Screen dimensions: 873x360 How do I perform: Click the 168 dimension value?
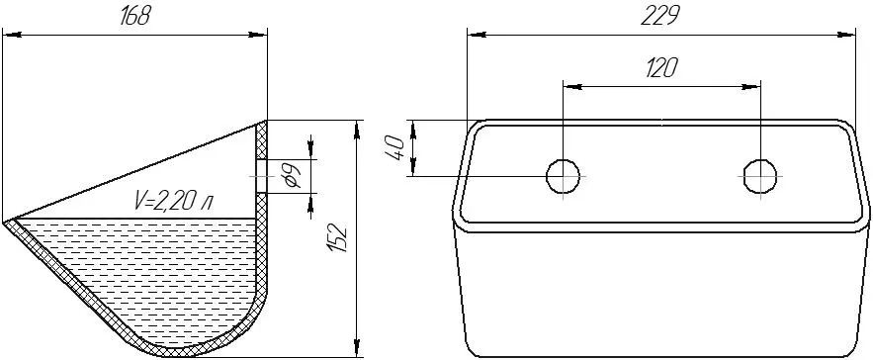tap(135, 17)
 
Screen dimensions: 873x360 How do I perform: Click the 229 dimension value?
tap(660, 17)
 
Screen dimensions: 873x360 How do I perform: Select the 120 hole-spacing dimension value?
tap(661, 68)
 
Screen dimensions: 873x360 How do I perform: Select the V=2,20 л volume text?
tap(173, 201)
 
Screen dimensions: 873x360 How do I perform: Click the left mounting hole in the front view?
tap(563, 176)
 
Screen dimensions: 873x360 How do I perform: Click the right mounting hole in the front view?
tap(760, 176)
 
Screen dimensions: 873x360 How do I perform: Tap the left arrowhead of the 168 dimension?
tap(12, 35)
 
